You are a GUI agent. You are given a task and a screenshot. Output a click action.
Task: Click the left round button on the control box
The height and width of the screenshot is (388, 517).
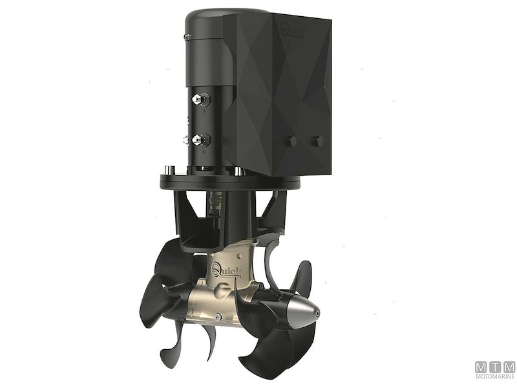click(x=293, y=141)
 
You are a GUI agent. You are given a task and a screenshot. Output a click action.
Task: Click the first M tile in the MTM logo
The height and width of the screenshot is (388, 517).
click(x=482, y=367)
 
